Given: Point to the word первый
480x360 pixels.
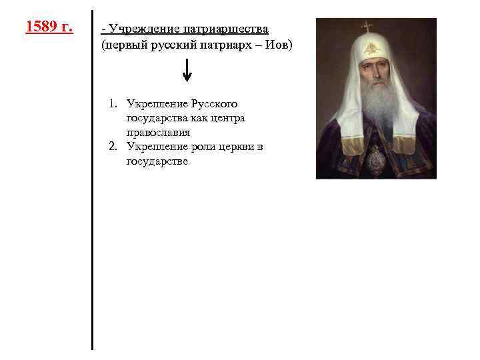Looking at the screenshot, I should click(x=123, y=44).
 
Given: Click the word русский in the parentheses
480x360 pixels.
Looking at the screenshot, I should click(x=175, y=44).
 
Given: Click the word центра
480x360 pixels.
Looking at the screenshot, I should click(x=227, y=118).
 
